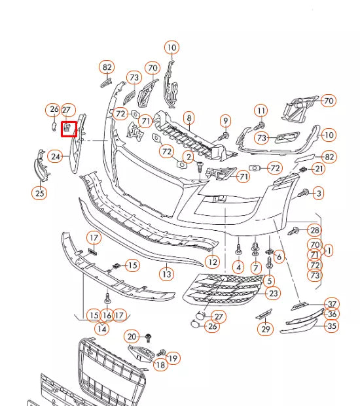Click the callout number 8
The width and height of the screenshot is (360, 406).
[189, 118]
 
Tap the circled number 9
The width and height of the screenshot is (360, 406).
[226, 120]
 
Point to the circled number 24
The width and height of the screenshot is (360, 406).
[56, 156]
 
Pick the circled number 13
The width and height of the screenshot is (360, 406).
[167, 274]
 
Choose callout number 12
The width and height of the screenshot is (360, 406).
[212, 262]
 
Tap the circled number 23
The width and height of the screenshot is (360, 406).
[274, 294]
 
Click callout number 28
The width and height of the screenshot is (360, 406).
[315, 230]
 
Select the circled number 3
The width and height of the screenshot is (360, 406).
[318, 193]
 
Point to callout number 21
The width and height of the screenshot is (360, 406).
[318, 169]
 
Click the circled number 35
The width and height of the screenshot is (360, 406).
[333, 326]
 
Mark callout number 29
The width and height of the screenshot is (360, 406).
[266, 329]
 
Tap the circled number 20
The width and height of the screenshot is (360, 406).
[132, 337]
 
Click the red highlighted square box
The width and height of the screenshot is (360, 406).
[69, 129]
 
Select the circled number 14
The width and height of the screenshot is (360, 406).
[101, 329]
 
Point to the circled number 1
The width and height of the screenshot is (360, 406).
[329, 250]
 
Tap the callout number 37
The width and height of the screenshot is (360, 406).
[333, 303]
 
